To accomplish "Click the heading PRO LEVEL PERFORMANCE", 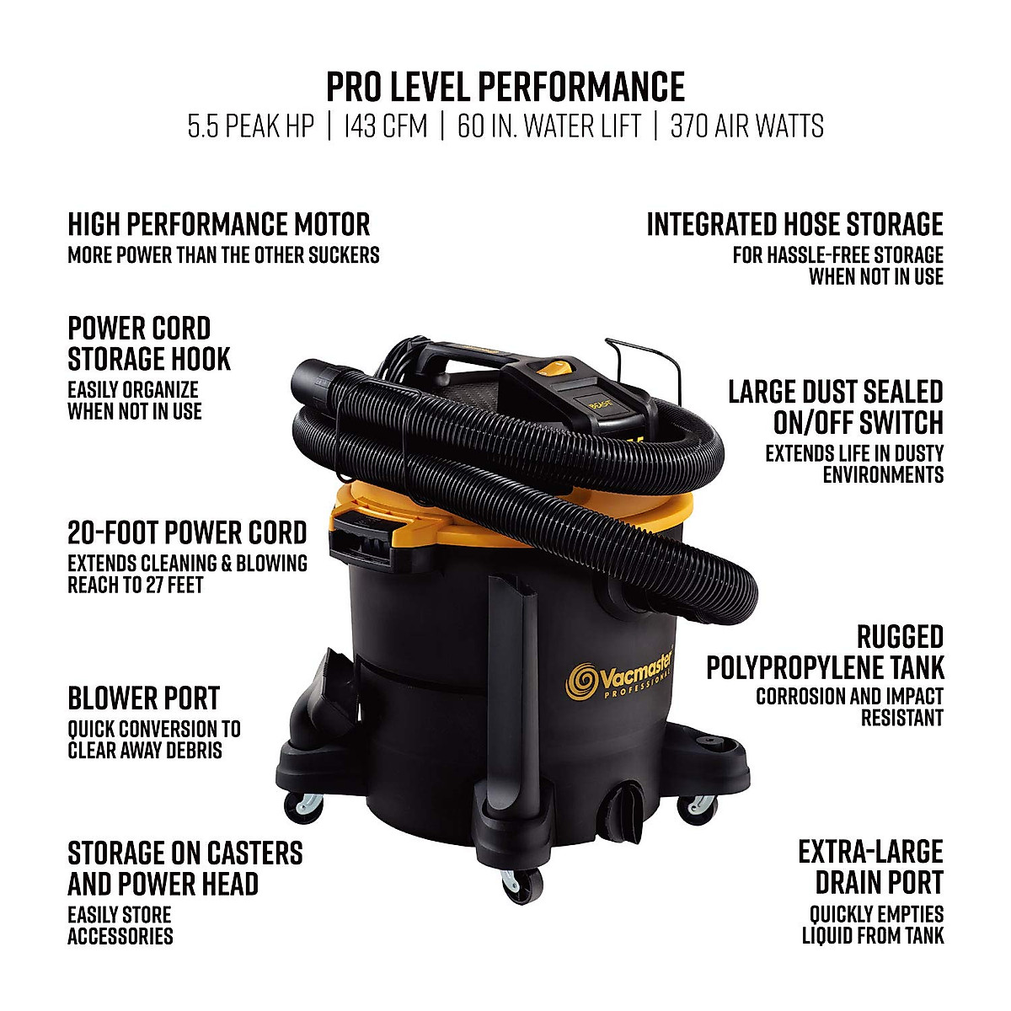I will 505,87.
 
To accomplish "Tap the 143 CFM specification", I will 385,126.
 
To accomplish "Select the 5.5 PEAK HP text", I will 250,126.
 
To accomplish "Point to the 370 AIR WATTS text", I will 746,126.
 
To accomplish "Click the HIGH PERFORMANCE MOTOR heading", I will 218,225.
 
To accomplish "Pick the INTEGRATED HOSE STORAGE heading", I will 794,225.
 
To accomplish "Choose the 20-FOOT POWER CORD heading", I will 187,533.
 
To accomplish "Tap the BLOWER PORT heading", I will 143,698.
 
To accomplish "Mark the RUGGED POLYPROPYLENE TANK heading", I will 826,652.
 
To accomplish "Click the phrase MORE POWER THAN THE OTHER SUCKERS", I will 223,255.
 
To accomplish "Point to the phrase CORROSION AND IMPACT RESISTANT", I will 849,708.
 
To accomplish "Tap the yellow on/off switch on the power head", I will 552,366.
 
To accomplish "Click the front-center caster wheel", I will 511,885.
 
